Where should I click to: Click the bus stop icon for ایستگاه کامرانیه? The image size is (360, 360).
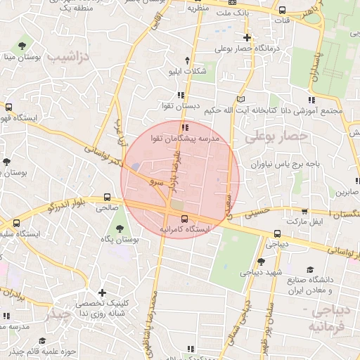click(x=184, y=219)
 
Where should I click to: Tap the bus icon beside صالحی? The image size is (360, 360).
click(x=108, y=198)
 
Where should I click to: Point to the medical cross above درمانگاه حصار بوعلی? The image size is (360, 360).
click(x=247, y=37)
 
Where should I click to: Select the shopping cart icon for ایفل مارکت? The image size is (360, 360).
click(x=304, y=211)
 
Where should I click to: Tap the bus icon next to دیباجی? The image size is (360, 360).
click(x=277, y=234)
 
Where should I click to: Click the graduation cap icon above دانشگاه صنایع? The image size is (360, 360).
click(x=310, y=269)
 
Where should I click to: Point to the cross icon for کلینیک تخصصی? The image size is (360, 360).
click(x=103, y=292)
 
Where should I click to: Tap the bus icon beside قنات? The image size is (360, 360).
click(x=282, y=11)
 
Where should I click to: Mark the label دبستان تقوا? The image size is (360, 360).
click(x=177, y=105)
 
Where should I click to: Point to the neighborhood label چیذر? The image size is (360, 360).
click(x=58, y=315)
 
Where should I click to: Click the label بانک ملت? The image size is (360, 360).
click(x=233, y=13)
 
